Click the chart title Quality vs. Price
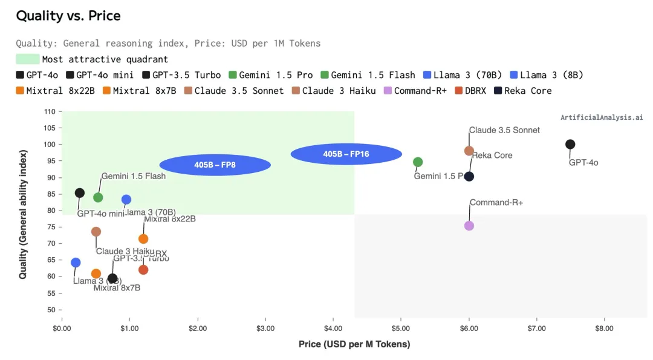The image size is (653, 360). (68, 16)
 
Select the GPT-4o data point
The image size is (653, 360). (570, 144)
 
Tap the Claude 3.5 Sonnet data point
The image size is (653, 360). (469, 151)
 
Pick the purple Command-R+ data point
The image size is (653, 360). (469, 226)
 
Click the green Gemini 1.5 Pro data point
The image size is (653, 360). (417, 162)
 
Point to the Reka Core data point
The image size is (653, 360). (469, 176)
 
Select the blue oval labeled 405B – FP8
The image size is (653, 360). (215, 165)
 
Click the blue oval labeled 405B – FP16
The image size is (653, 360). (346, 154)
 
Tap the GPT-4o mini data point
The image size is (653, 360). (79, 193)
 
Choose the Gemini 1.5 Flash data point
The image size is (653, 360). (98, 197)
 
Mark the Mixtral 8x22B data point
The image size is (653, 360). (143, 239)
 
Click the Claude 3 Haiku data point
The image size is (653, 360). (96, 232)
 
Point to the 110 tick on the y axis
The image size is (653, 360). (50, 112)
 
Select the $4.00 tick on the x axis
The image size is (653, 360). (333, 329)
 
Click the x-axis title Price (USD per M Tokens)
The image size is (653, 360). (354, 344)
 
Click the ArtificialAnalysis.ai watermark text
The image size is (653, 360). (601, 117)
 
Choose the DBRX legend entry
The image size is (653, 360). (471, 91)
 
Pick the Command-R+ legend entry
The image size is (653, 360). (418, 91)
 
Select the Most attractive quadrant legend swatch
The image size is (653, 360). (27, 59)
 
